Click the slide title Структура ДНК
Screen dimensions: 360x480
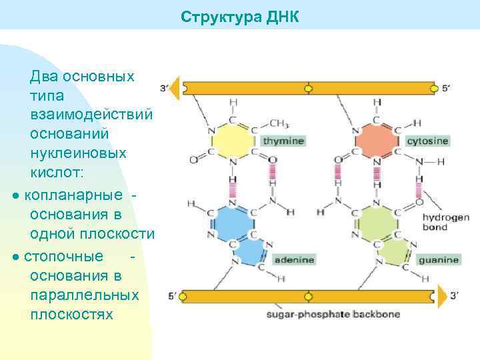(x=240, y=17)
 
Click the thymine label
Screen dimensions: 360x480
(x=283, y=141)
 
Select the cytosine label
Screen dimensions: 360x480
(x=427, y=141)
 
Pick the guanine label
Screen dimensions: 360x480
(x=438, y=260)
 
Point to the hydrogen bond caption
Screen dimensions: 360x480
(x=445, y=222)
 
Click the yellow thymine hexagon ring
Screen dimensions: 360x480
(x=231, y=141)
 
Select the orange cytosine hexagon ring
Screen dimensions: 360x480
(x=376, y=141)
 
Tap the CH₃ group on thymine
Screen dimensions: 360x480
(x=278, y=123)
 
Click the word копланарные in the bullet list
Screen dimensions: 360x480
(x=73, y=195)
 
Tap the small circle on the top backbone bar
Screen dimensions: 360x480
(x=308, y=87)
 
